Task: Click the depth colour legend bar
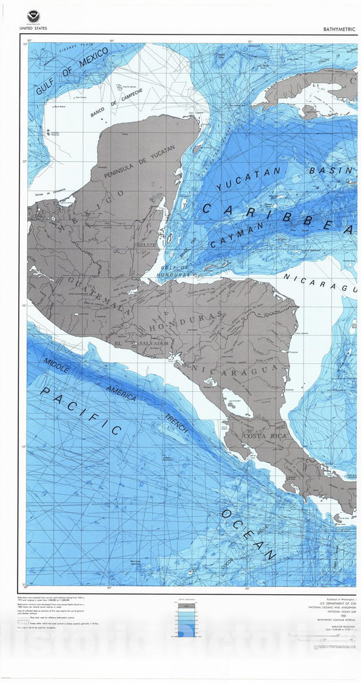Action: coord(186,620)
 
